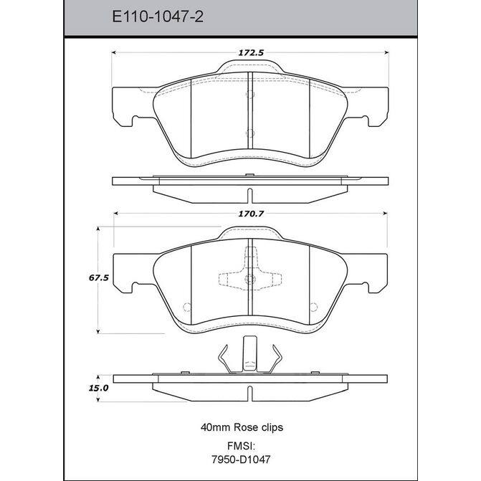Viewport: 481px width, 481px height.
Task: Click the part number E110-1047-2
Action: tap(158, 16)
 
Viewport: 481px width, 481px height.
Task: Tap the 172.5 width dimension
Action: tap(251, 53)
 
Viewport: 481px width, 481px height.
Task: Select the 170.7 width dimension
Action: tap(251, 214)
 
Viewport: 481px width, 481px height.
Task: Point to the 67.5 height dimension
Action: tap(98, 278)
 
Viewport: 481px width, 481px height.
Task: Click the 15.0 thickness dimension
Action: tap(98, 388)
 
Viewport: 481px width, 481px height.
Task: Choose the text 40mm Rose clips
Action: tap(242, 427)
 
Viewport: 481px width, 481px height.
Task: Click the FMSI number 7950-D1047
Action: tap(241, 459)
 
